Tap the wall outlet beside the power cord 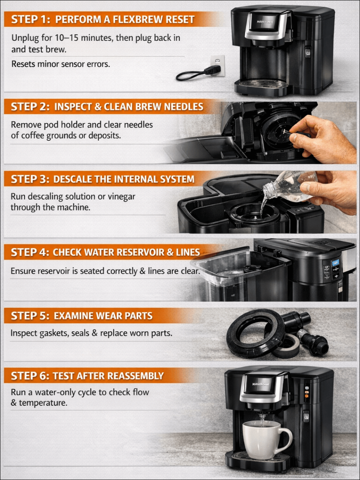(x=217, y=65)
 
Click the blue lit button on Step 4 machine (x=336, y=262)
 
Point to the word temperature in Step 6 (x=43, y=403)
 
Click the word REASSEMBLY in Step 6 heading (x=136, y=376)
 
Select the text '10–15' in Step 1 (x=67, y=38)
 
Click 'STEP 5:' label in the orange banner (x=30, y=316)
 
